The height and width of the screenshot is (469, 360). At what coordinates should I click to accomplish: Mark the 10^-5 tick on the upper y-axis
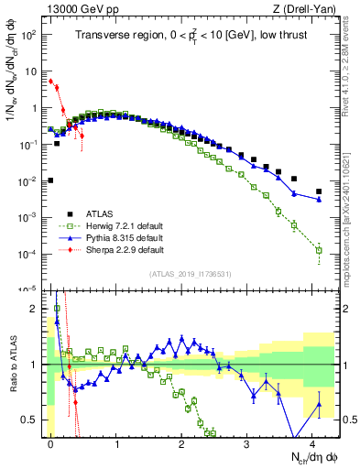(x=27, y=289)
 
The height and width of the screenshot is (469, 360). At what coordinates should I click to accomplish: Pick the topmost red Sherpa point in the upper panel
(x=50, y=81)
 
